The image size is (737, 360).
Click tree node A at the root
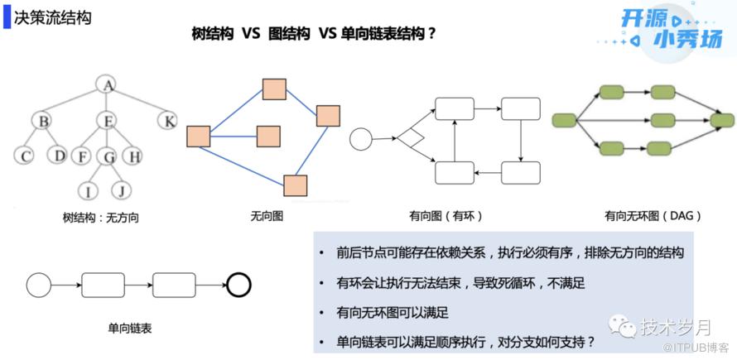coord(105,84)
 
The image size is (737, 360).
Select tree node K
coord(168,122)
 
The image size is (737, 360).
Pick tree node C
coord(26,155)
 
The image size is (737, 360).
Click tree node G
coord(107,156)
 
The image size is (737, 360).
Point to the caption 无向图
coord(266,217)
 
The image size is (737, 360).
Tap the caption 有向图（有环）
coord(445,217)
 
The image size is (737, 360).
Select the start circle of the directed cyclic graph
coord(361,138)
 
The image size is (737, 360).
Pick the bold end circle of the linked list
coord(238,286)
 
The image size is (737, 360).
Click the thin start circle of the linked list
coord(39,286)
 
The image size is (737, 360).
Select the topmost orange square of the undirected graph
coord(274,89)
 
